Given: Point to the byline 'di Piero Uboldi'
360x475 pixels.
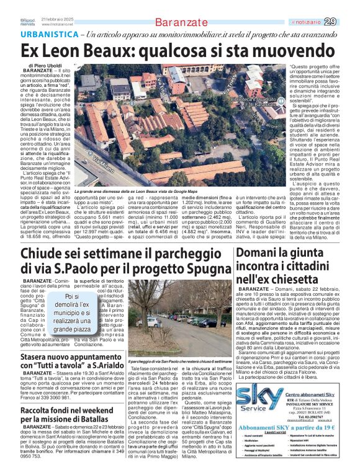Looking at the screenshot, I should pyautogui.click(x=50, y=65).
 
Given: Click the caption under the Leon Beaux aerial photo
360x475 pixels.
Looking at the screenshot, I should pyautogui.click(x=150, y=193).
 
